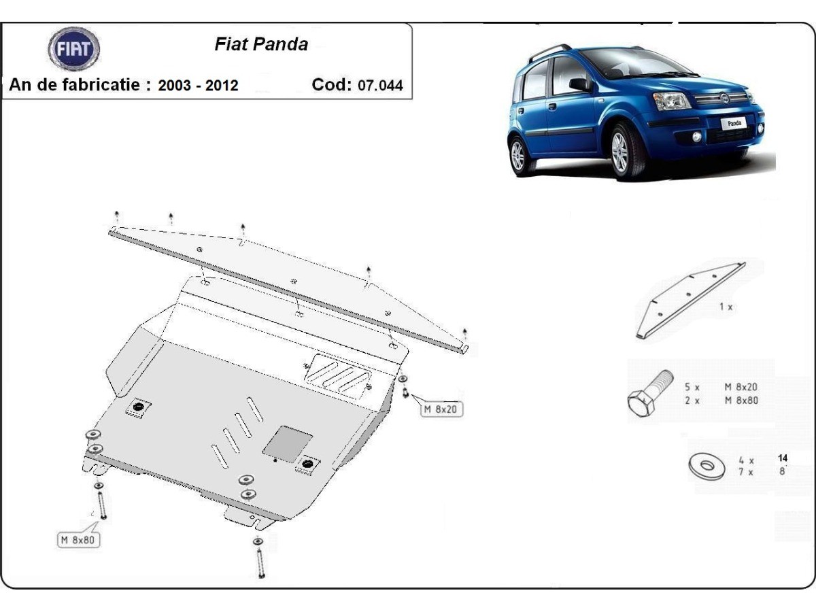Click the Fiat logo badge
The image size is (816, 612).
coord(73,49)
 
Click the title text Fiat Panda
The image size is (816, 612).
coord(261,45)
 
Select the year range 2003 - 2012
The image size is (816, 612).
coord(198,86)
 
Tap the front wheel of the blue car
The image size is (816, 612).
coord(619,153)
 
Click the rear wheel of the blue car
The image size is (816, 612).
coord(518,156)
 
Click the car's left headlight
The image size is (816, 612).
coord(670,101)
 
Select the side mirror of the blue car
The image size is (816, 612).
coord(579,84)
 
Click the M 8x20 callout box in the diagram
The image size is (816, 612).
coord(441,409)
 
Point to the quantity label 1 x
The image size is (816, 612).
coord(726,307)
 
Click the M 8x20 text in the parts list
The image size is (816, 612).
coord(741,386)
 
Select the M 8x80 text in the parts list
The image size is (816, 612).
coord(741,401)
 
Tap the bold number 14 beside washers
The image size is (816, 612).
coord(783,458)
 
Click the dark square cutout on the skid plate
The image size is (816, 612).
coord(287,441)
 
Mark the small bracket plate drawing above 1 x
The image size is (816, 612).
coord(690,299)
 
